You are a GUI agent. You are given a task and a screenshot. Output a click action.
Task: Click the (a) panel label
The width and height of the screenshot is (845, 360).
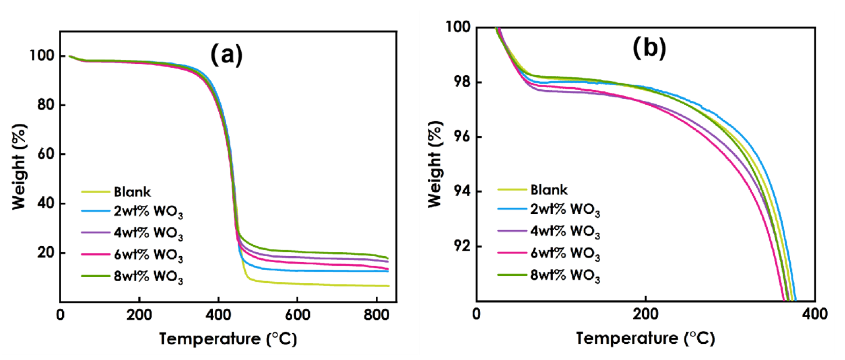tap(227, 55)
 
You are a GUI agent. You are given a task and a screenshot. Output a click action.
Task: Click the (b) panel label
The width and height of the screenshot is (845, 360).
tap(649, 48)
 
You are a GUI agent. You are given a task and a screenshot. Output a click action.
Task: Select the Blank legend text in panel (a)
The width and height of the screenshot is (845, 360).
tap(132, 192)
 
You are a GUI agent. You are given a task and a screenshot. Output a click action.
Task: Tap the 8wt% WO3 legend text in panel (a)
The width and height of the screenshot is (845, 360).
tap(148, 277)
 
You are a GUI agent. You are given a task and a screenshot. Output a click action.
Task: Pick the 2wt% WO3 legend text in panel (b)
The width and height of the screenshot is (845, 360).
tap(565, 210)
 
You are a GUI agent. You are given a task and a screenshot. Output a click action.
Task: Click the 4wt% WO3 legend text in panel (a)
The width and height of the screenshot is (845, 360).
tap(148, 233)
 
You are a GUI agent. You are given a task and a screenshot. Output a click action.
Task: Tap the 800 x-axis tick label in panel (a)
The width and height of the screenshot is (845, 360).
tap(377, 315)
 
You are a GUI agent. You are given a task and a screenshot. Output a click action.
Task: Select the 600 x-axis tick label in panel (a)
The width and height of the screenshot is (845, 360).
tap(297, 315)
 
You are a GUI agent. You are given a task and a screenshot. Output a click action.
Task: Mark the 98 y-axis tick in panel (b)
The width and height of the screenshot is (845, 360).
tap(461, 82)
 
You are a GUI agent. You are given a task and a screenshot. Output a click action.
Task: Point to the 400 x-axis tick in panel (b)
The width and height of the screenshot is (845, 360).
tap(815, 314)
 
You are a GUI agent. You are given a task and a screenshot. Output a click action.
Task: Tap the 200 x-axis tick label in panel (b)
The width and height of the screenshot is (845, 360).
tap(646, 314)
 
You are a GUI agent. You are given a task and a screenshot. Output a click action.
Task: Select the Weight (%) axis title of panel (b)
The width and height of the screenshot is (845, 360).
tap(435, 164)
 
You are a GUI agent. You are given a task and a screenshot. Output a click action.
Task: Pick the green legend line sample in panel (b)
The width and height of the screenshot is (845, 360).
tap(512, 274)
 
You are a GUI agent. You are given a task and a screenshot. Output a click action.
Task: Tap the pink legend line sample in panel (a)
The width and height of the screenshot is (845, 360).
tap(95, 254)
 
